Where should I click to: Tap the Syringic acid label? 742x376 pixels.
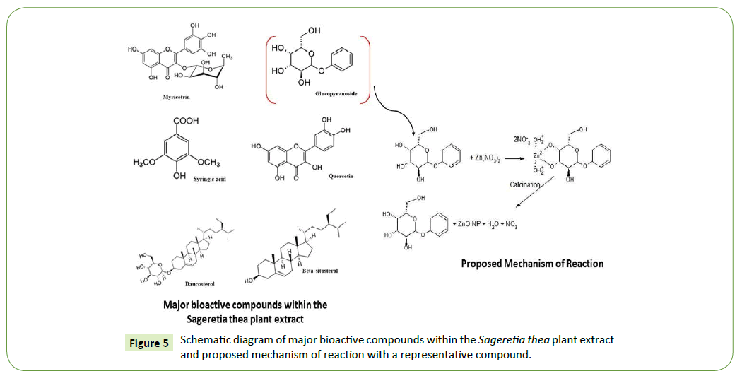click(x=208, y=178)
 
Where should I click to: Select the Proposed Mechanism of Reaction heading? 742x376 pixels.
click(x=532, y=264)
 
